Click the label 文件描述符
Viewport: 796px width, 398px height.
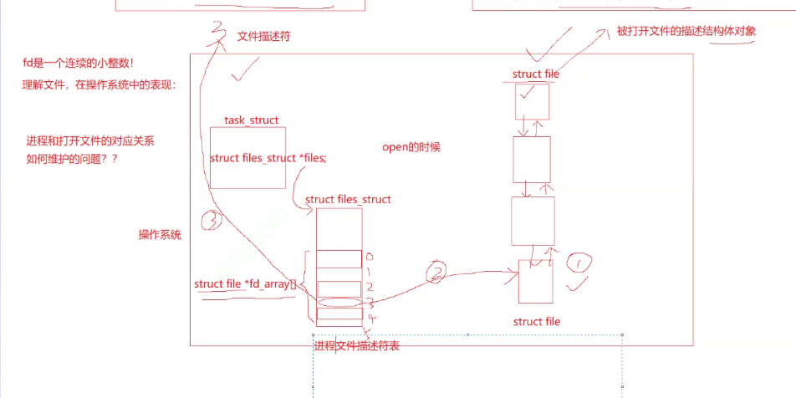263,38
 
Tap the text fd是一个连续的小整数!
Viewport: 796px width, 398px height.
79,64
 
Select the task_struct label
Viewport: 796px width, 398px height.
251,120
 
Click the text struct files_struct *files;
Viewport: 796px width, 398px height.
268,158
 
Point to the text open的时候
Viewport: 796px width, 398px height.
411,147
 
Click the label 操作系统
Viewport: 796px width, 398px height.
160,235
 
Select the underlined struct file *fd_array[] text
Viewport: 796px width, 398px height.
245,284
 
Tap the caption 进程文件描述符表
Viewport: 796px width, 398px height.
357,346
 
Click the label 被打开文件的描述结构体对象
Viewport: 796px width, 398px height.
686,31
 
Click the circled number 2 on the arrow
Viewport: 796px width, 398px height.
435,271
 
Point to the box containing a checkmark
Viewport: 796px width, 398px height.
532,101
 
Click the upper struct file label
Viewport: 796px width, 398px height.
536,74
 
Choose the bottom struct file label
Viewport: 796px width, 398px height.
536,322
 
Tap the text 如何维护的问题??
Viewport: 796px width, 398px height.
72,158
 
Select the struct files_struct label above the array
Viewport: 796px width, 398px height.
348,200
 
